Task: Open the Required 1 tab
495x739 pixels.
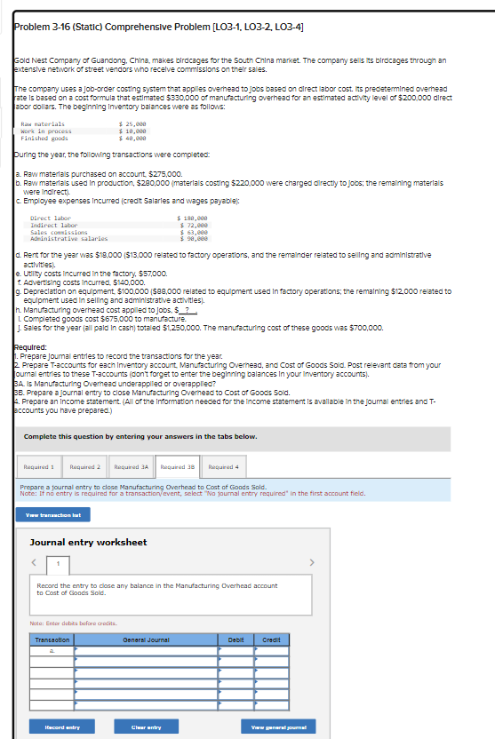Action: [x=40, y=466]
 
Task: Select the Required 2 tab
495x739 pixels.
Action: [x=86, y=466]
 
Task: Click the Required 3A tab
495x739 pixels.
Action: [x=132, y=466]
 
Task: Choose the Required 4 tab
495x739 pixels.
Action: [x=223, y=466]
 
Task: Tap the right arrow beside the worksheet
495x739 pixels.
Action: [x=311, y=561]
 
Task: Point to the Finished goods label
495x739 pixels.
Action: [x=44, y=138]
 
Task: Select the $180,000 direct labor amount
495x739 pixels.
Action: [x=193, y=218]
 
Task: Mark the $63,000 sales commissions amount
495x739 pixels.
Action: [x=193, y=231]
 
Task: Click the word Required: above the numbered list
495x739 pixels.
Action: [x=31, y=348]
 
